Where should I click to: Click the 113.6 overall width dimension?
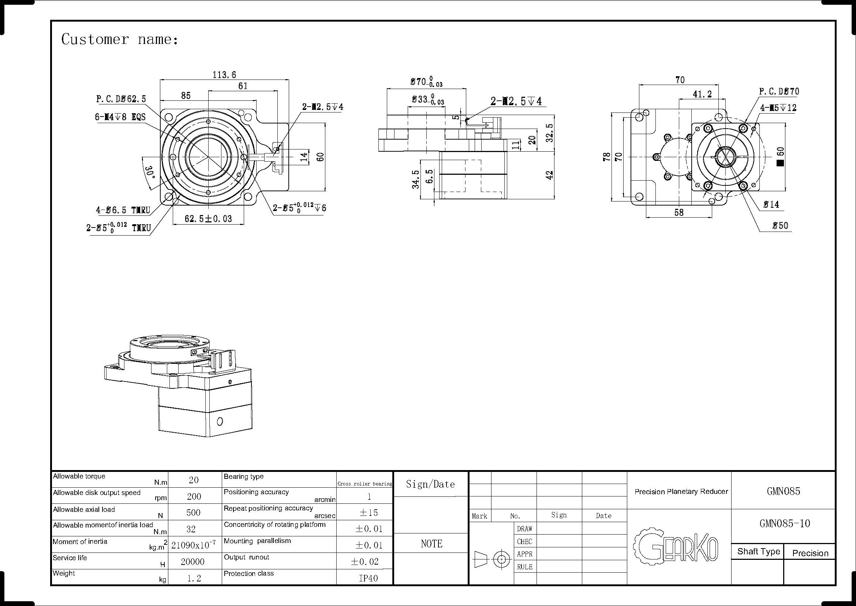point(224,75)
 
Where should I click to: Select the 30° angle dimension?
point(150,173)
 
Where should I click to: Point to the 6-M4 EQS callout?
point(120,117)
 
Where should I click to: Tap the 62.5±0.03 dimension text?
point(208,218)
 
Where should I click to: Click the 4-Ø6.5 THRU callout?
point(123,210)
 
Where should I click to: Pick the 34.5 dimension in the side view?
point(415,179)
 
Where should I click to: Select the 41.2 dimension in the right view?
point(702,95)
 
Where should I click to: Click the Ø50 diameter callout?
point(780,226)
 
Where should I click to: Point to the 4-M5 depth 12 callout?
point(778,108)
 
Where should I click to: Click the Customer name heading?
point(120,39)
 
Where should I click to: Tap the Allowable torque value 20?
point(194,480)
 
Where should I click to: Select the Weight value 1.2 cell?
point(194,578)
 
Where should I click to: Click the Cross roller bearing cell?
point(365,484)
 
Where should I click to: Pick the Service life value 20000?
point(192,562)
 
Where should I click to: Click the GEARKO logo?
point(675,547)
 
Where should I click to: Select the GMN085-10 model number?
point(784,524)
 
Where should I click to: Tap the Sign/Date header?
point(430,484)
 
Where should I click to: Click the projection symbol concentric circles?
point(501,559)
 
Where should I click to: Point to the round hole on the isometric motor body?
point(220,422)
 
